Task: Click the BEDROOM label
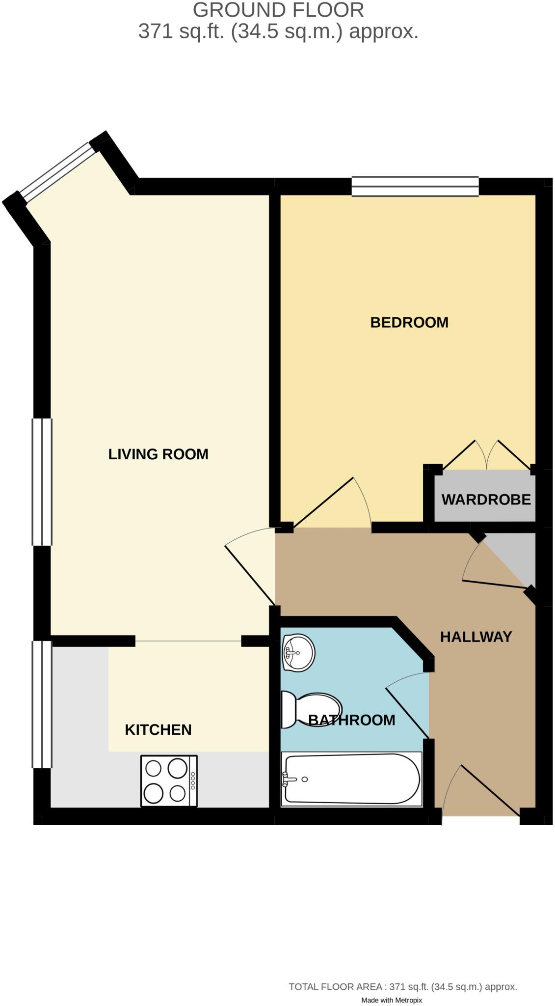(409, 323)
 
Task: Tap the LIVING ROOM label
(158, 454)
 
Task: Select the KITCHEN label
(158, 730)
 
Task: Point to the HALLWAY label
(476, 637)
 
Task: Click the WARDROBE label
(486, 500)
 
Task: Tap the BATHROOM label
(351, 720)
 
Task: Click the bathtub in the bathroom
(351, 779)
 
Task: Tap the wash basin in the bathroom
(298, 653)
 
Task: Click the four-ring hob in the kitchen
(168, 781)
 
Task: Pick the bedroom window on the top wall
(415, 187)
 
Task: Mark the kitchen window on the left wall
(42, 704)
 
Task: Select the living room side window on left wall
(42, 482)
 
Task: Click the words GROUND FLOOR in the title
(278, 10)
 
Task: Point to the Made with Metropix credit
(391, 1000)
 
